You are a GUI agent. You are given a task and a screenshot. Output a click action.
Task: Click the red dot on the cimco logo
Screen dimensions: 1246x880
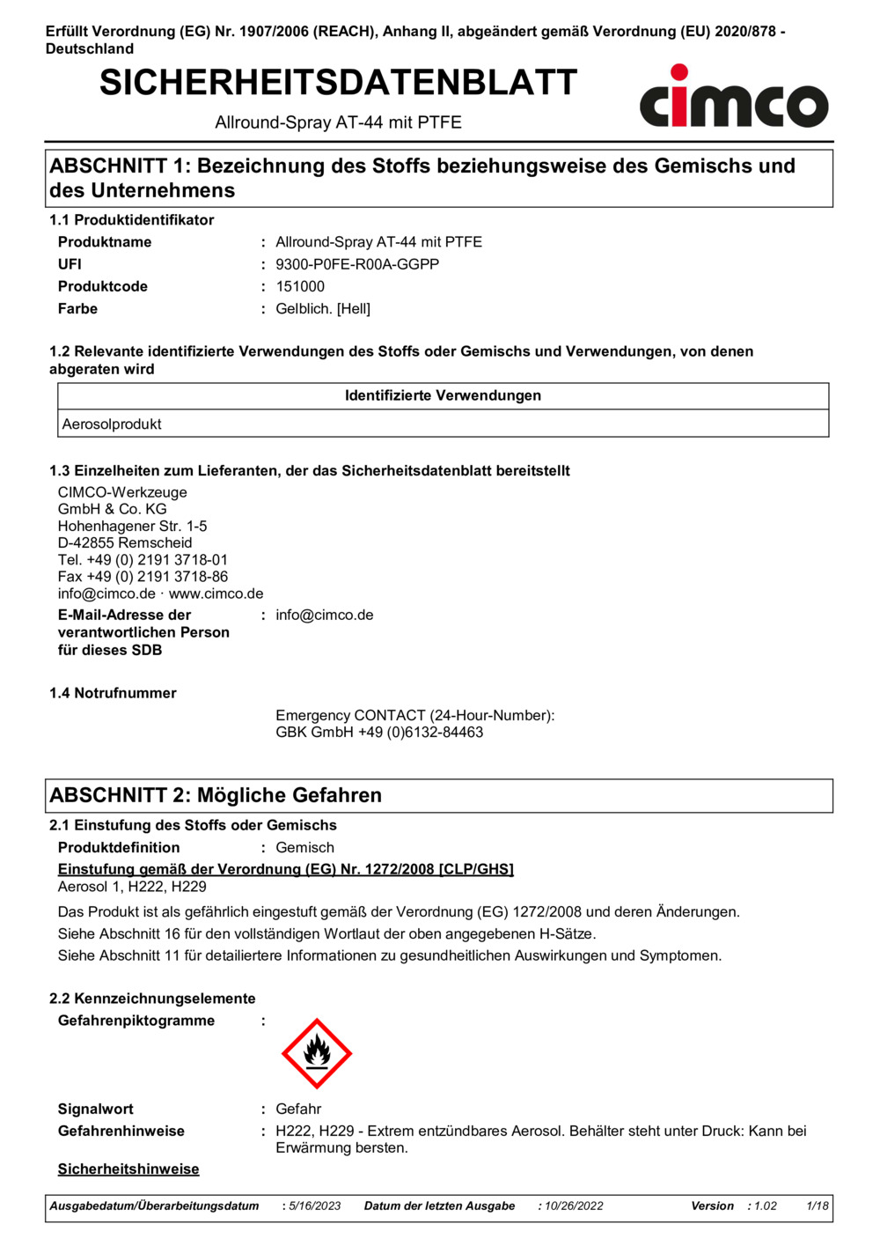678,72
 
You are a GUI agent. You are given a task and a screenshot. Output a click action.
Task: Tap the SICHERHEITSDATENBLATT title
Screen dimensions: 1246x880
338,83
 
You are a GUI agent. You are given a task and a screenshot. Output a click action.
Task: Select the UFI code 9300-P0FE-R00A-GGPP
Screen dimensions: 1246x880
357,264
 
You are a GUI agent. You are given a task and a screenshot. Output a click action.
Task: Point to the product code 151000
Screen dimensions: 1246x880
300,286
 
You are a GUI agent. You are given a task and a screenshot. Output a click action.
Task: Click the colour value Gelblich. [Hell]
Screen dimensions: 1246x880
323,309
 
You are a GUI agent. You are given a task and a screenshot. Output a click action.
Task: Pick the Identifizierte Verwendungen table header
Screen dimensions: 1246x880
443,396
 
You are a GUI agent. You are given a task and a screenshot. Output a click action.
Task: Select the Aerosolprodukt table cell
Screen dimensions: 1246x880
112,424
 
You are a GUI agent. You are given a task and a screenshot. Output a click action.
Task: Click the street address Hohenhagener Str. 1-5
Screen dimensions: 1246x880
133,526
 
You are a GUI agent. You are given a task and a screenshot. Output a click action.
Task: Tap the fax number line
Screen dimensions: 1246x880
143,577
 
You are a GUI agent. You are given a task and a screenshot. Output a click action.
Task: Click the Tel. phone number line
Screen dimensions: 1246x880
143,560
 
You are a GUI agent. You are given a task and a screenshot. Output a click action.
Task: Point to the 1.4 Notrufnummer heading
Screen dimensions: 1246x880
113,693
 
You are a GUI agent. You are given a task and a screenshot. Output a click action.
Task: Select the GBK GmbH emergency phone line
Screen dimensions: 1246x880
379,733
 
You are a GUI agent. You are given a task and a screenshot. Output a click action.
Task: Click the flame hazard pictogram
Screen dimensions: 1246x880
317,1053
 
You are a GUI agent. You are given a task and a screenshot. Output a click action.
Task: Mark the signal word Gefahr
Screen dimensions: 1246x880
298,1109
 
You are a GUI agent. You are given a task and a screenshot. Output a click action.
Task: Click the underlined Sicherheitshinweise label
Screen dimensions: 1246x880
128,1169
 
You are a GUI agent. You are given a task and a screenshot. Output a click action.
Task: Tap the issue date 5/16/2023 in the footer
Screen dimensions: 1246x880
315,1206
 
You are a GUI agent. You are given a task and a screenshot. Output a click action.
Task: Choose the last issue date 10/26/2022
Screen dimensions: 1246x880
574,1206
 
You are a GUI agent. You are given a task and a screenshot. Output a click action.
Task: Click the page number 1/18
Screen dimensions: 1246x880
818,1206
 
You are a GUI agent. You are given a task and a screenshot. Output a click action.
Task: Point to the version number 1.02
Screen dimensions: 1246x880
766,1206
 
